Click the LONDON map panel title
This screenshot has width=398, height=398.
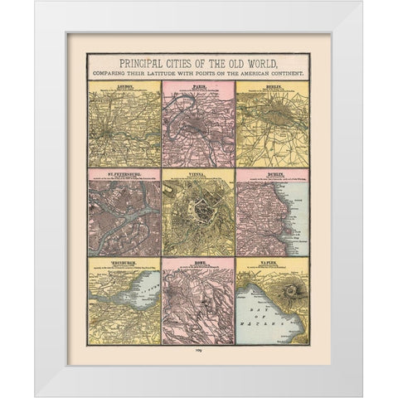[124, 85]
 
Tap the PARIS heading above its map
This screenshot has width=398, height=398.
[198, 85]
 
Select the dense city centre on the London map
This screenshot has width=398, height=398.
[123, 129]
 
